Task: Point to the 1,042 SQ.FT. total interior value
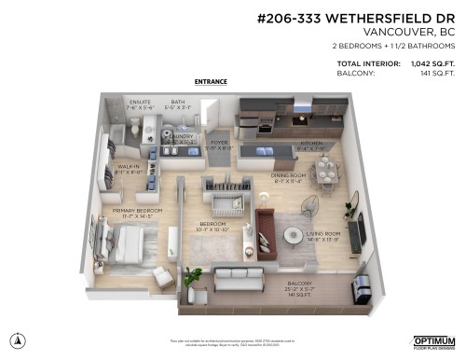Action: [426, 64]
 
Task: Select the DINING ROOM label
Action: [288, 175]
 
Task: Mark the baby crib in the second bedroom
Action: [226, 194]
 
